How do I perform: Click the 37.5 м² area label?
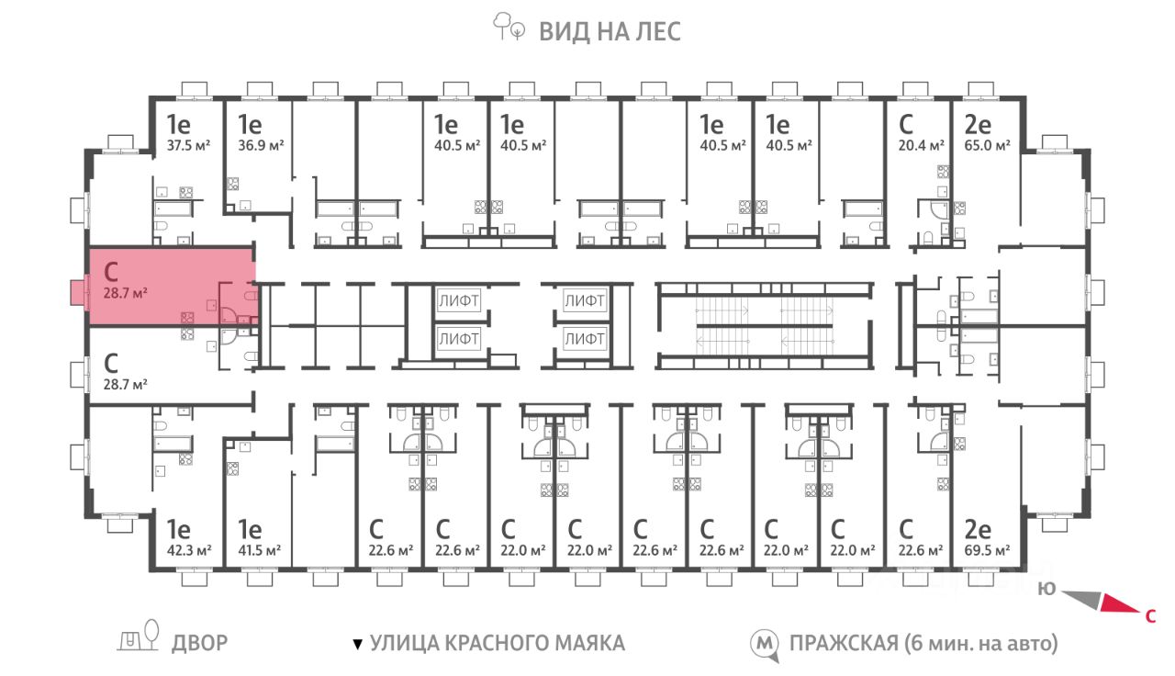(x=188, y=145)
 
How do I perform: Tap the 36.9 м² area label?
(x=261, y=145)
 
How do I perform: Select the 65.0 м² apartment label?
(x=987, y=145)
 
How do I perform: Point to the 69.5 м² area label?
(x=987, y=550)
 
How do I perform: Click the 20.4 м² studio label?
(x=921, y=145)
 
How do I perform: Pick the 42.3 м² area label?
(x=189, y=550)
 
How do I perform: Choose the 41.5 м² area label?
(x=259, y=550)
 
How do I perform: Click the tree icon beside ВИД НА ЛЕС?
(x=509, y=27)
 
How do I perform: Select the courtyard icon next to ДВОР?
(x=138, y=637)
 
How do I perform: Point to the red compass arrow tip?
(x=1139, y=612)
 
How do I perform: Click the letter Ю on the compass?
(x=1046, y=589)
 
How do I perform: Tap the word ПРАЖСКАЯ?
(x=844, y=644)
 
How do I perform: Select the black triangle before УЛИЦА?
(x=358, y=644)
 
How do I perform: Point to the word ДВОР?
(x=199, y=644)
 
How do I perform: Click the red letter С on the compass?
(x=1150, y=616)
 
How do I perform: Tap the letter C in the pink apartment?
(x=111, y=273)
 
